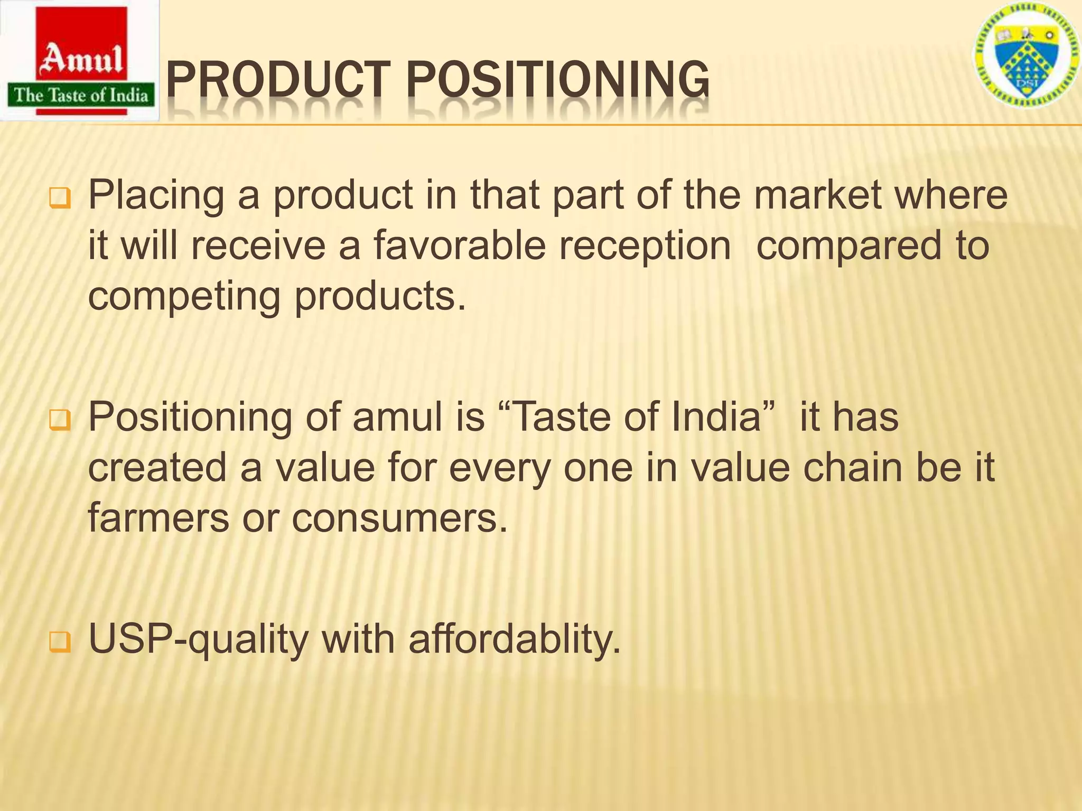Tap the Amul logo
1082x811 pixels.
point(81,61)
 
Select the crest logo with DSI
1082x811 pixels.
point(1026,58)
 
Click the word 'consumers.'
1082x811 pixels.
point(399,518)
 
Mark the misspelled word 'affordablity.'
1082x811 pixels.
point(515,639)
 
